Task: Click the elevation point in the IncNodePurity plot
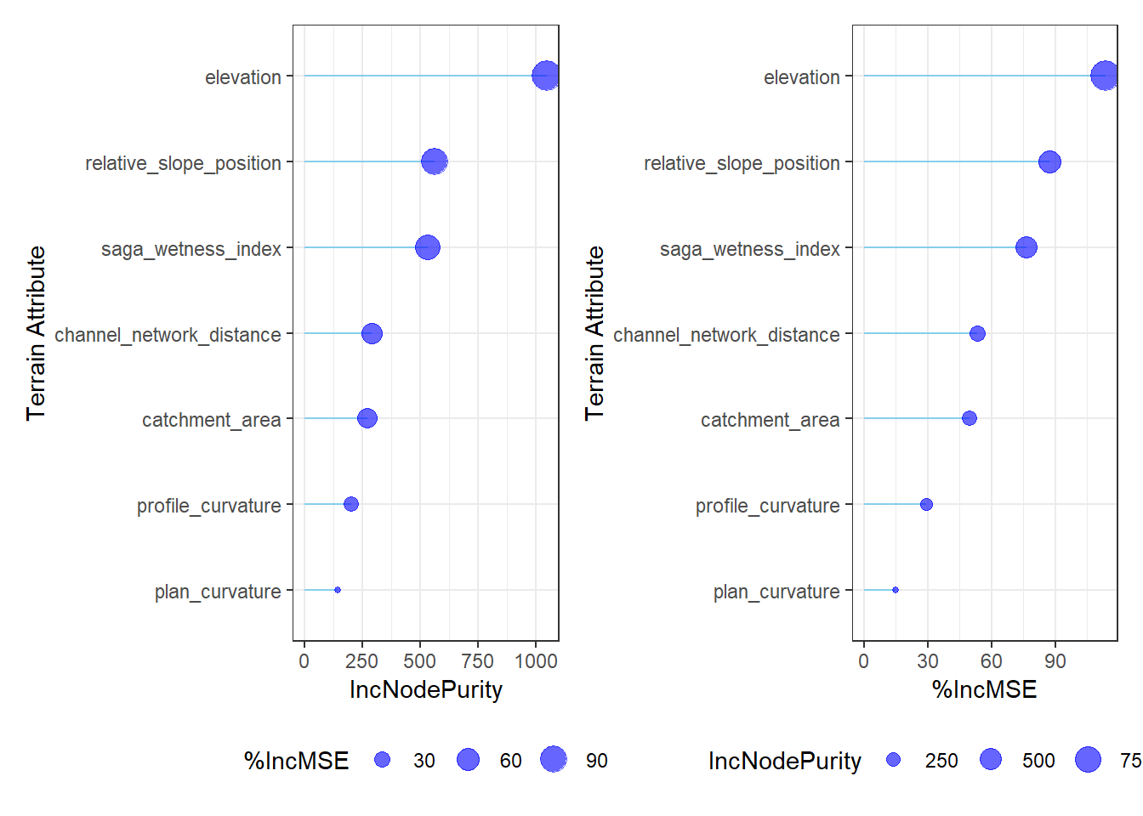pos(546,76)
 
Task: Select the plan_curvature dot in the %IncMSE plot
pos(895,590)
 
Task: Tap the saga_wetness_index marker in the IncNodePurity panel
pos(428,247)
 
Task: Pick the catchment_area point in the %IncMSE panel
pos(969,418)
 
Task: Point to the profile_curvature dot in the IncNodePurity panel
pos(351,504)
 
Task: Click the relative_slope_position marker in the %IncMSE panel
pos(1049,161)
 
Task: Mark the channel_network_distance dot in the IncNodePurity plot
pos(372,333)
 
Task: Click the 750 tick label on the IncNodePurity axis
pos(478,661)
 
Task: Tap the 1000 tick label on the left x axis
pos(536,661)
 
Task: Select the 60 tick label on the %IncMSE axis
pos(991,661)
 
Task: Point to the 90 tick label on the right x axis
pos(1055,661)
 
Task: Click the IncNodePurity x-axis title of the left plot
pos(426,690)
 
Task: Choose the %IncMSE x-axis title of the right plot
pos(984,689)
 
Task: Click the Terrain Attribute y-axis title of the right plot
pos(594,333)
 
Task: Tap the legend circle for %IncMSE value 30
pos(382,760)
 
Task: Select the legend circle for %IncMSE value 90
pos(554,759)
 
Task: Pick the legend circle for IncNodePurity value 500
pos(991,759)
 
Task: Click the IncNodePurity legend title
pos(785,762)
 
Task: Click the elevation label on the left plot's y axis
pos(243,77)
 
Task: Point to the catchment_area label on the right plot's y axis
pos(770,420)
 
